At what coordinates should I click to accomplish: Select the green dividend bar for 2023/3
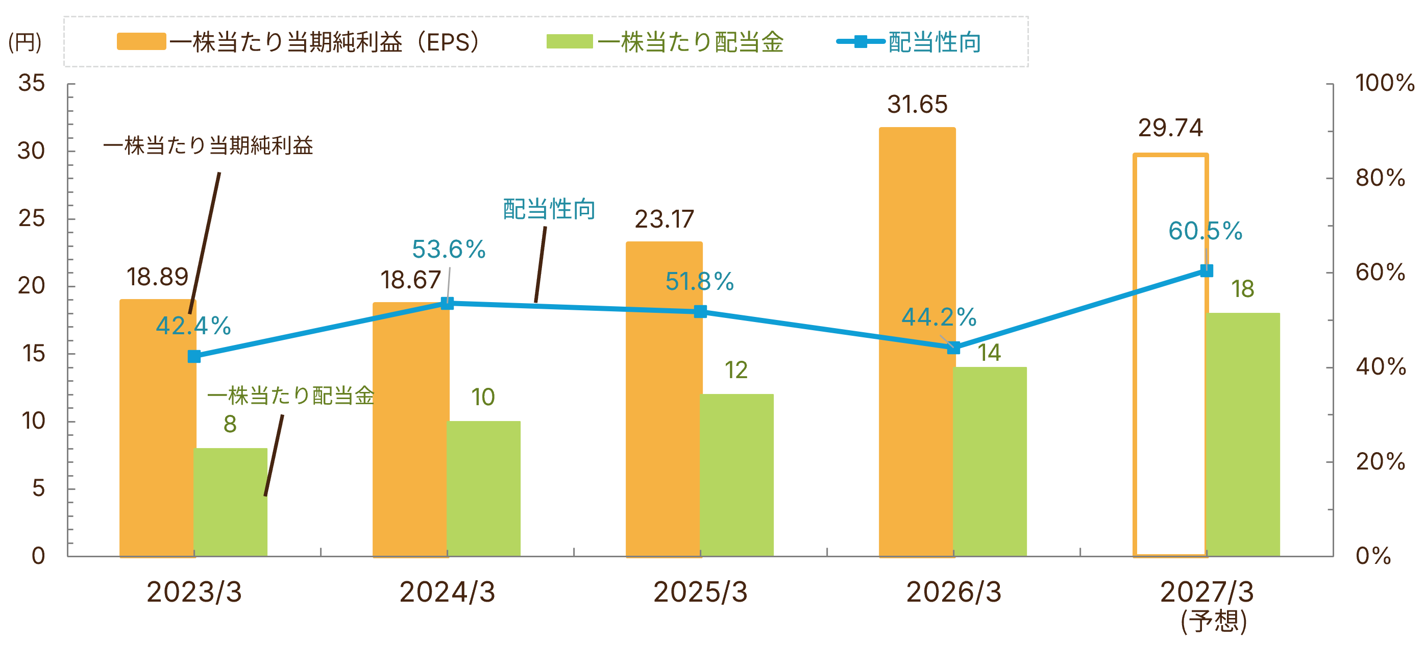pos(230,502)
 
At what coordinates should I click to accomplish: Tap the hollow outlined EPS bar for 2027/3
pos(1170,355)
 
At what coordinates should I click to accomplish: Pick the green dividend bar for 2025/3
pos(736,475)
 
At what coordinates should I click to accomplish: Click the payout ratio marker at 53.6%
pos(447,303)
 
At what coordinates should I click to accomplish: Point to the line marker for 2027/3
pos(1207,270)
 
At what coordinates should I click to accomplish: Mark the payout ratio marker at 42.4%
pos(194,357)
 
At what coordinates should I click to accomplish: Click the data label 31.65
pos(917,105)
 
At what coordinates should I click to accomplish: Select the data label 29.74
pos(1170,128)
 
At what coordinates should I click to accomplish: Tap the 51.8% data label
pos(699,282)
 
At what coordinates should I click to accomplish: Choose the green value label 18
pos(1242,289)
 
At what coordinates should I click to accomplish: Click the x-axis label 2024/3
pos(447,592)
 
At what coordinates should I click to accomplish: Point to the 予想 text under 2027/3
pos(1214,622)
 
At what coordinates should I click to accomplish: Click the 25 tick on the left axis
pos(32,218)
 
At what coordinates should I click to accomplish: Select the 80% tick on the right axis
pos(1380,178)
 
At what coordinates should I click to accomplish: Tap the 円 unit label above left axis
pos(25,42)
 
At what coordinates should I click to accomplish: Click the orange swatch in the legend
pos(141,41)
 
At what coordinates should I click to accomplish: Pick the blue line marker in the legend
pos(861,41)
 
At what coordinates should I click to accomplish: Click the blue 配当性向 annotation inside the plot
pos(549,210)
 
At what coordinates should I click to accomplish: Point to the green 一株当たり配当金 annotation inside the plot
pos(290,396)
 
